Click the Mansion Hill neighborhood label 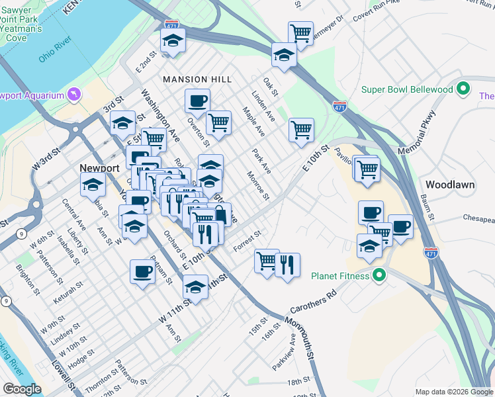[198, 79]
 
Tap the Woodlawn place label [450, 185]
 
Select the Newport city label [99, 168]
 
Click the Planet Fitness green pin [379, 275]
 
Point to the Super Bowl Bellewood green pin [463, 89]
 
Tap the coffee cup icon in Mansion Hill [197, 101]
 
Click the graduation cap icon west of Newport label [93, 185]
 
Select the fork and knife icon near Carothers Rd [287, 265]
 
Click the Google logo [22, 389]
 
